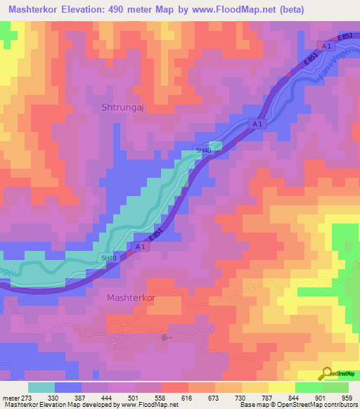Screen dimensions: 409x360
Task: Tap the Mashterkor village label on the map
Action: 131,297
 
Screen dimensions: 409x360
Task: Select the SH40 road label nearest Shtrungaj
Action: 203,150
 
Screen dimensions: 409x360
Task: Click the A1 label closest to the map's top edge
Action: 326,46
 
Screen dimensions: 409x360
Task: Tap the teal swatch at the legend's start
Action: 41,387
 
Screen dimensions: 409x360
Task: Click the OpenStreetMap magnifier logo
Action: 326,373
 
